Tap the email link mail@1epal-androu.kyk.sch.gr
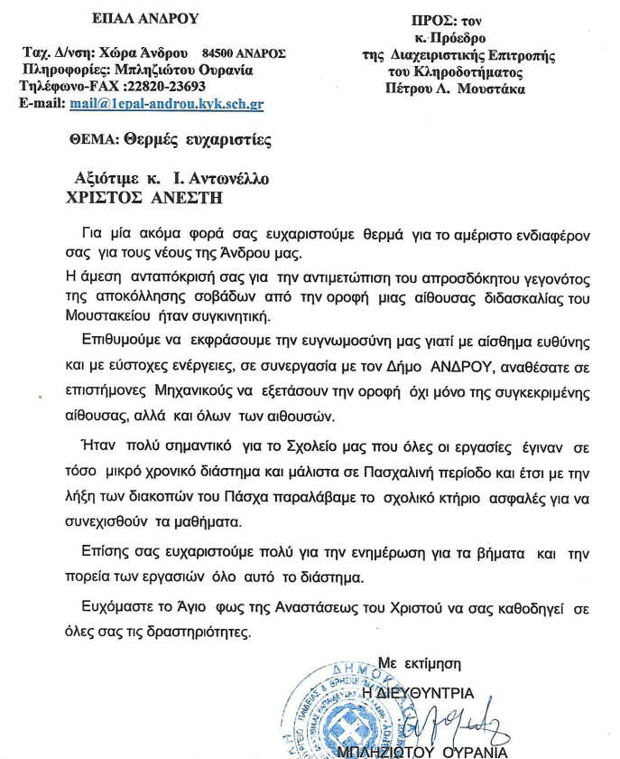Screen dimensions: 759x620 (166, 104)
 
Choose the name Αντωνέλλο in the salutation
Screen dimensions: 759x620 (228, 179)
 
